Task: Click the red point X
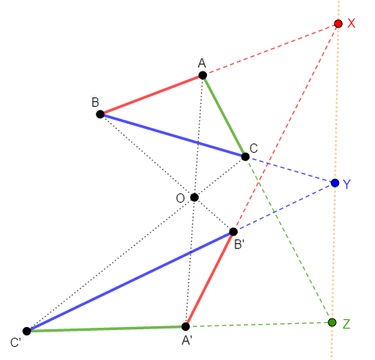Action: coord(338,24)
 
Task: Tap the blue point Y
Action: coord(335,183)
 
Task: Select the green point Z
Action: coord(332,322)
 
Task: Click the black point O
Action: coord(194,197)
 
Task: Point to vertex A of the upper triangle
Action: coord(202,75)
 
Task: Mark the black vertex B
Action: coord(100,114)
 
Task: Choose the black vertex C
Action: coord(245,157)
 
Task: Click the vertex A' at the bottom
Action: coord(186,326)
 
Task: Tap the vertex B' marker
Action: coord(233,232)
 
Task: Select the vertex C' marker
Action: coord(27,331)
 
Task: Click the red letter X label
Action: coord(351,23)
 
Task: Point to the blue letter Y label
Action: coord(347,184)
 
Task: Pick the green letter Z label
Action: coord(346,324)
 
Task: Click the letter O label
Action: coord(180,198)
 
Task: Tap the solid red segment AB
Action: coord(151,94)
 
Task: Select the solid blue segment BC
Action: coord(173,135)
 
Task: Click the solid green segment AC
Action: coord(224,116)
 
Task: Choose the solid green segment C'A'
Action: coord(106,329)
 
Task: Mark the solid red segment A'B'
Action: coord(209,279)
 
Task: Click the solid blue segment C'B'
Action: coord(130,282)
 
